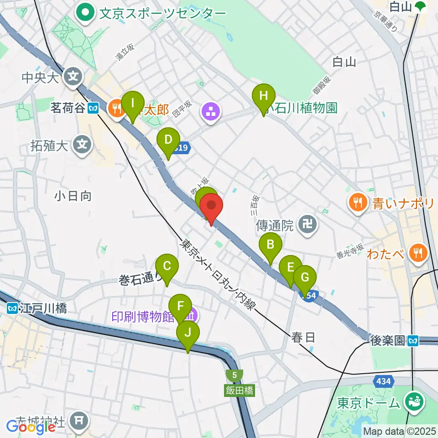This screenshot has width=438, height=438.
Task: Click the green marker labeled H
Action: click(264, 97)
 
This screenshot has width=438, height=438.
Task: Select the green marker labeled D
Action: click(168, 140)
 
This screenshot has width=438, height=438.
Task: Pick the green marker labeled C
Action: click(167, 266)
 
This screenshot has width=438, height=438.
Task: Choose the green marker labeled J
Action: click(188, 333)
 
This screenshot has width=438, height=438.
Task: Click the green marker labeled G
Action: click(304, 278)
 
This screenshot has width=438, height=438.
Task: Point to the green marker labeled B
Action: click(270, 245)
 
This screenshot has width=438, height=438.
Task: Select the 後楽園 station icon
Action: click(413, 340)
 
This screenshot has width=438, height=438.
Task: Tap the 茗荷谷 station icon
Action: click(94, 109)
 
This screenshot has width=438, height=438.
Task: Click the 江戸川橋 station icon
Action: click(13, 309)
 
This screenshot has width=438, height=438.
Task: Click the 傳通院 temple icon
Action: click(308, 224)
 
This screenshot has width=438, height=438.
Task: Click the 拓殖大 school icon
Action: click(82, 146)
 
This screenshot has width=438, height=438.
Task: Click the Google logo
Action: click(31, 427)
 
